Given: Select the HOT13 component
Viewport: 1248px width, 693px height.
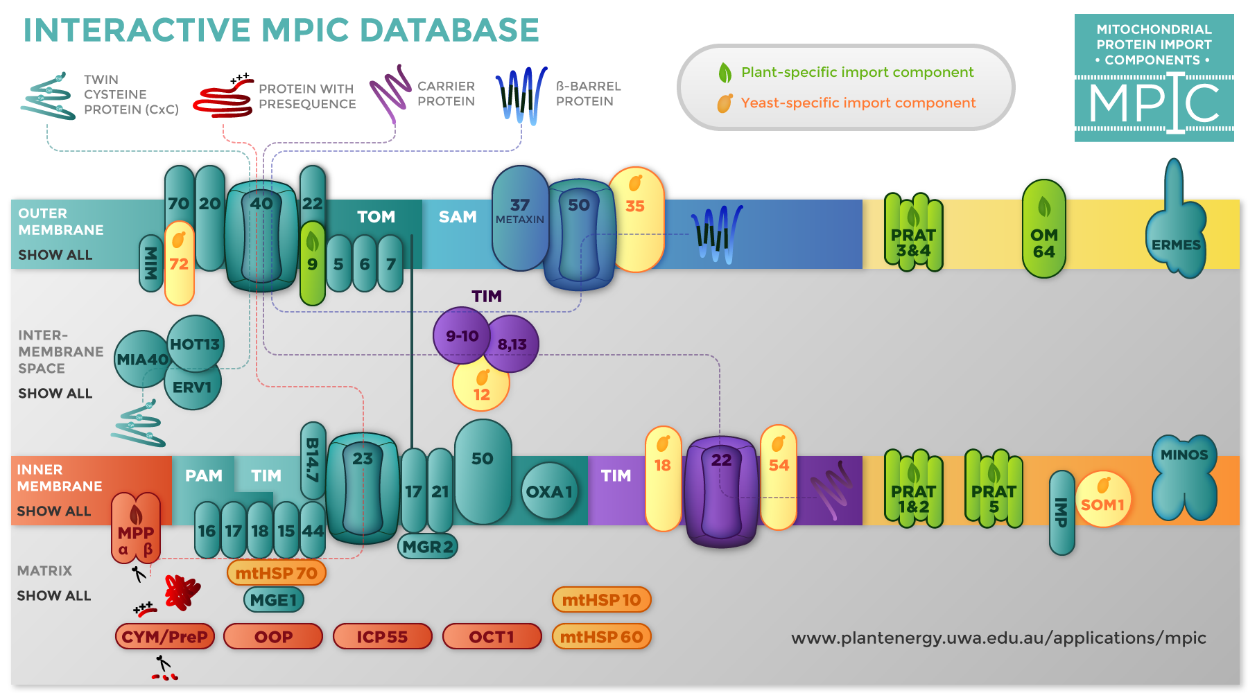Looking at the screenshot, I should [x=196, y=344].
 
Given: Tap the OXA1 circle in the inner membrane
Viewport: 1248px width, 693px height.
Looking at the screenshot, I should [x=549, y=491].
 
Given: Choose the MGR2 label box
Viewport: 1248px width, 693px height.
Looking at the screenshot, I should [x=428, y=547].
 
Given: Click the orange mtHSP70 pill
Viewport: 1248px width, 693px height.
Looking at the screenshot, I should [x=276, y=573].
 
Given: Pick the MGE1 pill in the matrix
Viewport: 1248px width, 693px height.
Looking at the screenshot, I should [x=273, y=600].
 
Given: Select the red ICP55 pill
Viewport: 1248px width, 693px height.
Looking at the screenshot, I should [x=382, y=636].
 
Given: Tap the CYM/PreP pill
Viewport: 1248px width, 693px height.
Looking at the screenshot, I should [x=165, y=636].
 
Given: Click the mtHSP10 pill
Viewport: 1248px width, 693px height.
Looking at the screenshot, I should [x=601, y=600].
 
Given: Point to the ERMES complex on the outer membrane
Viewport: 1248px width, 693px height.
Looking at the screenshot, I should [x=1176, y=236].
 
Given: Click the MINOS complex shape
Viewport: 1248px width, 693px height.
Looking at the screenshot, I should [x=1184, y=478].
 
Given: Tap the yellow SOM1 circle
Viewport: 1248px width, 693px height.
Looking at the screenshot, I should [x=1102, y=500].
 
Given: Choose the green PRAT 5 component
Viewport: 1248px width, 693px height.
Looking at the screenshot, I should [x=994, y=489].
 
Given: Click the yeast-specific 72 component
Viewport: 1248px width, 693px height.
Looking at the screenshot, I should [x=179, y=264].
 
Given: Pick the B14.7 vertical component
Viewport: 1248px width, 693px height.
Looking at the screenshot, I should [x=313, y=459].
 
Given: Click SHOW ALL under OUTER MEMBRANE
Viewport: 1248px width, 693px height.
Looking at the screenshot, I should [x=55, y=255].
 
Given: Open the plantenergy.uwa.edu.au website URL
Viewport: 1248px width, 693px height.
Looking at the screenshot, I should [x=998, y=638].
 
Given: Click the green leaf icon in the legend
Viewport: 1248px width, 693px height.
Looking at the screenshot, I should [x=725, y=73].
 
